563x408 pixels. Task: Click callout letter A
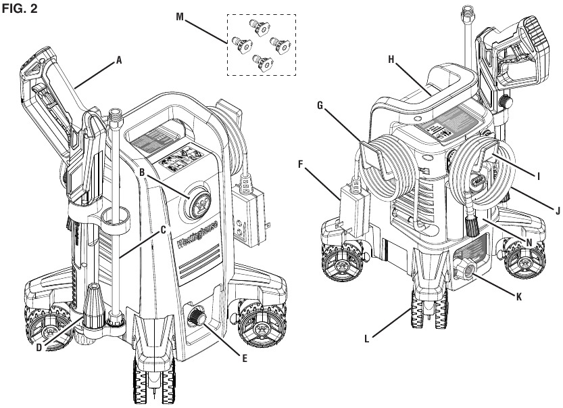(x=119, y=60)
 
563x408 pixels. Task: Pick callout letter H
(x=392, y=60)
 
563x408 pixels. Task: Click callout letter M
(x=180, y=17)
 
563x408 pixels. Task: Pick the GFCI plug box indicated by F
(x=357, y=204)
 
